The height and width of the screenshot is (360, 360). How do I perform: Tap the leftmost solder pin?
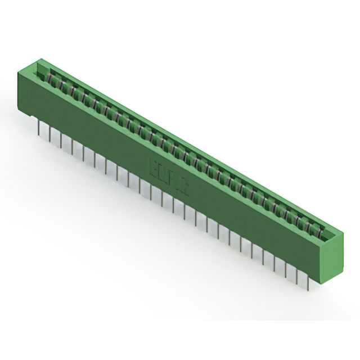click(39, 128)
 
